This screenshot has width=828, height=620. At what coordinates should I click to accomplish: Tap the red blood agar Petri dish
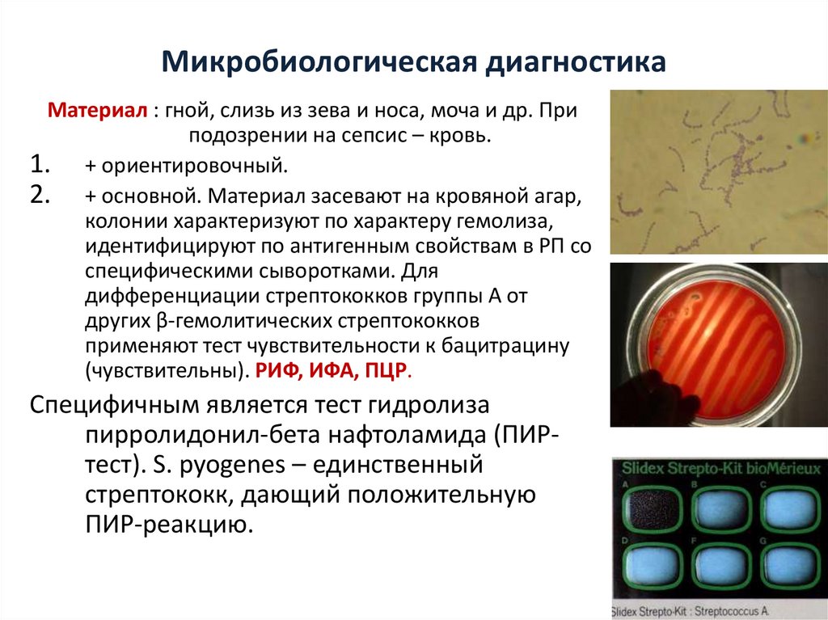(709, 344)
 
